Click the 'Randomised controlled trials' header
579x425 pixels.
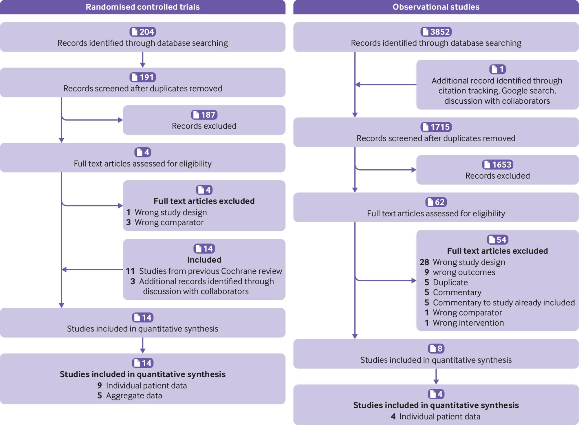point(143,7)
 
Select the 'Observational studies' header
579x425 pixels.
point(436,7)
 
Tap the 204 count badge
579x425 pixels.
point(143,32)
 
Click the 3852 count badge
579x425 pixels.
point(436,32)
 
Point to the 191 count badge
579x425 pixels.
point(143,77)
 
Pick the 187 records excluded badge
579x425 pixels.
point(204,115)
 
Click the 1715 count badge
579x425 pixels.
point(436,127)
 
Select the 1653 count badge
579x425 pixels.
point(498,164)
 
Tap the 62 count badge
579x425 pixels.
point(436,202)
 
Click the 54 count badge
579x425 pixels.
point(498,240)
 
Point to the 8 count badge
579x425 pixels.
point(436,349)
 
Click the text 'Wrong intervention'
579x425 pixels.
point(468,323)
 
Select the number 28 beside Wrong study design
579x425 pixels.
point(424,262)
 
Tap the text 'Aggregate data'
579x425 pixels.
point(134,396)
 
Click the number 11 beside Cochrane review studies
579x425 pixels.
point(130,271)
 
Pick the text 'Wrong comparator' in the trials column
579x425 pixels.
point(169,222)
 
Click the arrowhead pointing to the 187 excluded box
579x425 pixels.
point(121,120)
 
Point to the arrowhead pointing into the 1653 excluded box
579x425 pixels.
point(414,170)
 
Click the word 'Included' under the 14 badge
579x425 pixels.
point(204,260)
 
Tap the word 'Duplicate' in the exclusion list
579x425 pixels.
point(450,283)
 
